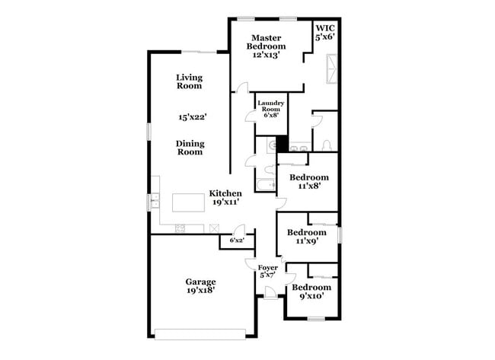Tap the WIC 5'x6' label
click(x=325, y=31)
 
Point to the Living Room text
click(x=188, y=81)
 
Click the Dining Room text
click(x=190, y=147)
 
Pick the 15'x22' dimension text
click(x=193, y=117)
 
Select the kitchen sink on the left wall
click(x=155, y=202)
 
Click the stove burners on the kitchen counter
click(x=180, y=228)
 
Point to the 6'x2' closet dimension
click(x=238, y=241)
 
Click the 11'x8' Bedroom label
click(x=308, y=181)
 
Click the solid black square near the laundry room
click(x=282, y=145)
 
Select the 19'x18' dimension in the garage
click(x=201, y=289)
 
